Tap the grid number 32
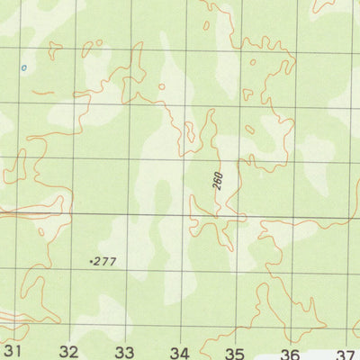coord(69,351)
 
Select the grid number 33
coord(124,352)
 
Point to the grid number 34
coord(180,352)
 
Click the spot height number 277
coord(105,262)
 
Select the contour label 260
coord(218,180)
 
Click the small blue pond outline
coord(24,67)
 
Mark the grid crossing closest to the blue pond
coord(20,49)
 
